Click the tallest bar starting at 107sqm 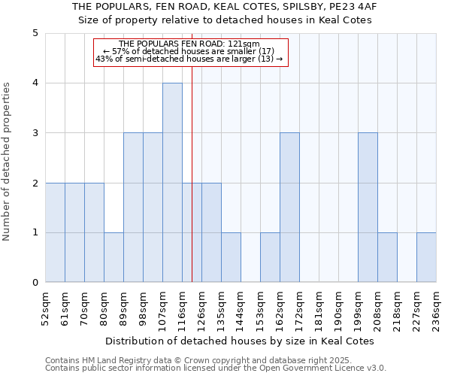[x=172, y=183]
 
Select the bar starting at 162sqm [x=289, y=208]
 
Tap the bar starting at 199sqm [x=368, y=208]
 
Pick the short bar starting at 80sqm [x=114, y=258]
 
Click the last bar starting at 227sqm [x=426, y=258]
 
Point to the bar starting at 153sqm [x=270, y=258]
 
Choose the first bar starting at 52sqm [x=55, y=232]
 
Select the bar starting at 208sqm [x=387, y=258]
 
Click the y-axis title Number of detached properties [x=7, y=162]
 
